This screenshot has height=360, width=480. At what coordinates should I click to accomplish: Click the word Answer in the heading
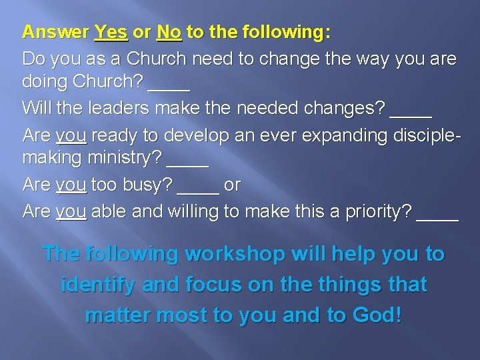click(55, 32)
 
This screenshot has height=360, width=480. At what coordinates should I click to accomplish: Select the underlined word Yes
click(111, 32)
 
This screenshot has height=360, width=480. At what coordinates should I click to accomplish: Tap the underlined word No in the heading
click(169, 32)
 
